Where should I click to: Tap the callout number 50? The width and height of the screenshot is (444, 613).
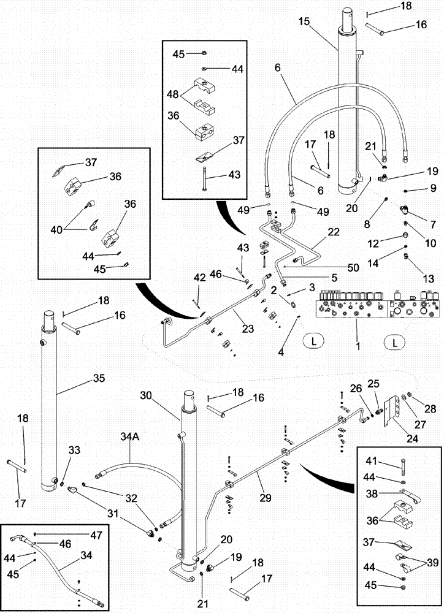coord(337,267)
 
